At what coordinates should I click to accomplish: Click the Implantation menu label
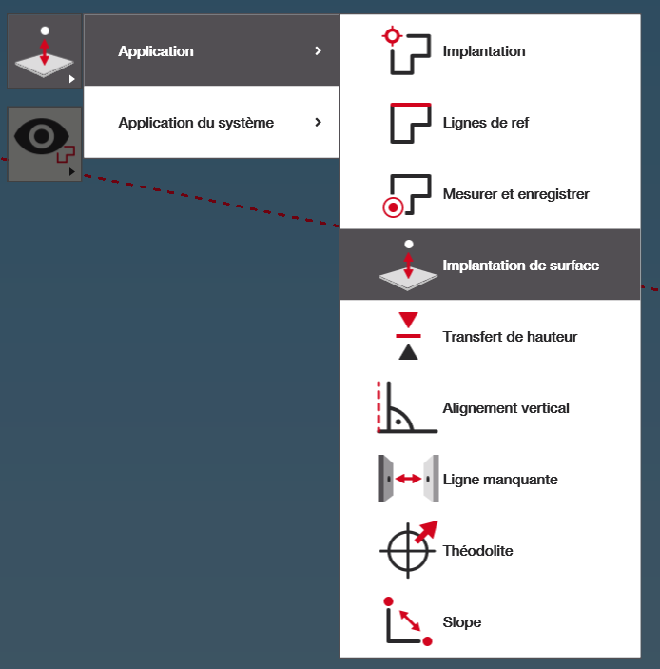point(484,51)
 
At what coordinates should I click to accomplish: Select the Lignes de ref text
point(486,123)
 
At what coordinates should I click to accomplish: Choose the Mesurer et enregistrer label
point(515,194)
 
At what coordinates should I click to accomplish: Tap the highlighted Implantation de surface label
point(520,266)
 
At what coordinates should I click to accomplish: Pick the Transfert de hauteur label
point(510,337)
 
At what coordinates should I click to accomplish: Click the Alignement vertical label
point(506,408)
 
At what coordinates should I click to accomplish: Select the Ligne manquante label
point(500,480)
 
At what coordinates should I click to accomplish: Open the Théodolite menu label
point(477,551)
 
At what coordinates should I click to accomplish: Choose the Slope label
point(462,622)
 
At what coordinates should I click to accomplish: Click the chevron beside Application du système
point(318,123)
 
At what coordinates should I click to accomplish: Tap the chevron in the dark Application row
point(318,50)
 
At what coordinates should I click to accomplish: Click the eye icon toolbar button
point(45,144)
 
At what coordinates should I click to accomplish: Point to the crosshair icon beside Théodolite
point(408,550)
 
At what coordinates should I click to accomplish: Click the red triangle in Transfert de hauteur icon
point(408,320)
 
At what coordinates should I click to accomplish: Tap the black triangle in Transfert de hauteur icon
point(408,352)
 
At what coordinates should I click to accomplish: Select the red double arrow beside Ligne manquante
point(408,479)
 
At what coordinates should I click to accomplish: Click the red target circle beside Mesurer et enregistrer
point(393,207)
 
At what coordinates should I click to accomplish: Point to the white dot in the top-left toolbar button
point(45,30)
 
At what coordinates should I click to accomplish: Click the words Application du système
point(196,123)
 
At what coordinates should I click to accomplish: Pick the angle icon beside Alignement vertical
point(407,407)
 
